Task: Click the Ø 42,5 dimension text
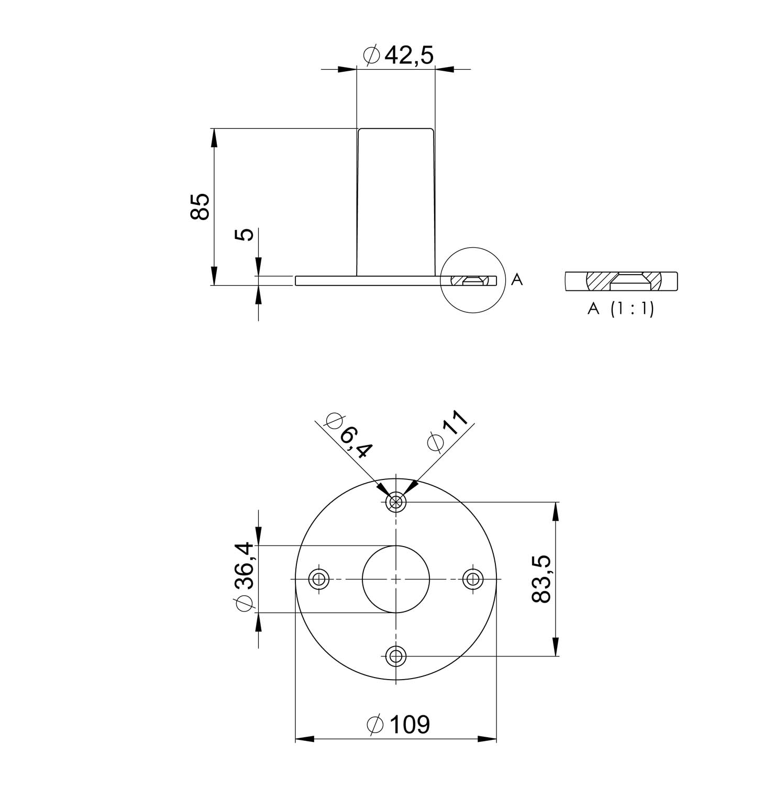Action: [x=398, y=55]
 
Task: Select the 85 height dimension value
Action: [x=200, y=206]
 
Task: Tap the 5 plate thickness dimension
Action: [x=245, y=234]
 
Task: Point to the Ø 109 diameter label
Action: [x=398, y=725]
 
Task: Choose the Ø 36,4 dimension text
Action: [x=246, y=577]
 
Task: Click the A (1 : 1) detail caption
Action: [x=621, y=309]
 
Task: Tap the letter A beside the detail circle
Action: [x=517, y=280]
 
